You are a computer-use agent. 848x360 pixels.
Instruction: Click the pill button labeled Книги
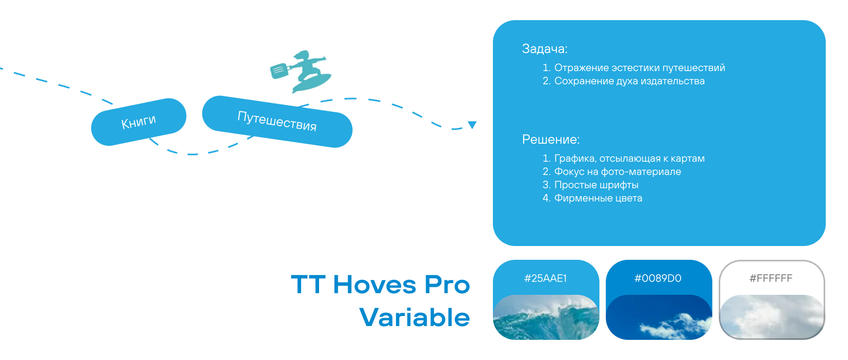(138, 122)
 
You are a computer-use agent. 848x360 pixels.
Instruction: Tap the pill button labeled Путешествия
(277, 121)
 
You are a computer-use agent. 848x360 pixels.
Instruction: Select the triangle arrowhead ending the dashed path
(472, 125)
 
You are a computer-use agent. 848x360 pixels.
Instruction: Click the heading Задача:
(544, 49)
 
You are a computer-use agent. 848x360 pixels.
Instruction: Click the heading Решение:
(551, 139)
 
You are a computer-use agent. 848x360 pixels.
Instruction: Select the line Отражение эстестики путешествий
(639, 68)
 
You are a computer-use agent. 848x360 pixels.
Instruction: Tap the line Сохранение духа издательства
(629, 81)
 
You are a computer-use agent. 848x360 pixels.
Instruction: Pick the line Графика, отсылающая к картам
(629, 158)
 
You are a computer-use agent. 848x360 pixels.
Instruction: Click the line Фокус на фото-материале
(617, 171)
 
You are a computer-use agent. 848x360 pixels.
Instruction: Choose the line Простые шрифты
(596, 185)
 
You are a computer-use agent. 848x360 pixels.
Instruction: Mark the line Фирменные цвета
(598, 198)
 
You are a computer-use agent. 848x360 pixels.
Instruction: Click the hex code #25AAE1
(545, 278)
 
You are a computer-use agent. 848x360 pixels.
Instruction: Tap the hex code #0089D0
(658, 278)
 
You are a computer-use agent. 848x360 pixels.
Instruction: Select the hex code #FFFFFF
(771, 278)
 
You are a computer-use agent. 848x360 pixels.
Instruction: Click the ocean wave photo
(546, 317)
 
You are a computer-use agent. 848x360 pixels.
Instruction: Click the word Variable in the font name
(414, 317)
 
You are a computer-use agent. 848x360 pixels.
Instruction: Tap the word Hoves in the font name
(375, 285)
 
